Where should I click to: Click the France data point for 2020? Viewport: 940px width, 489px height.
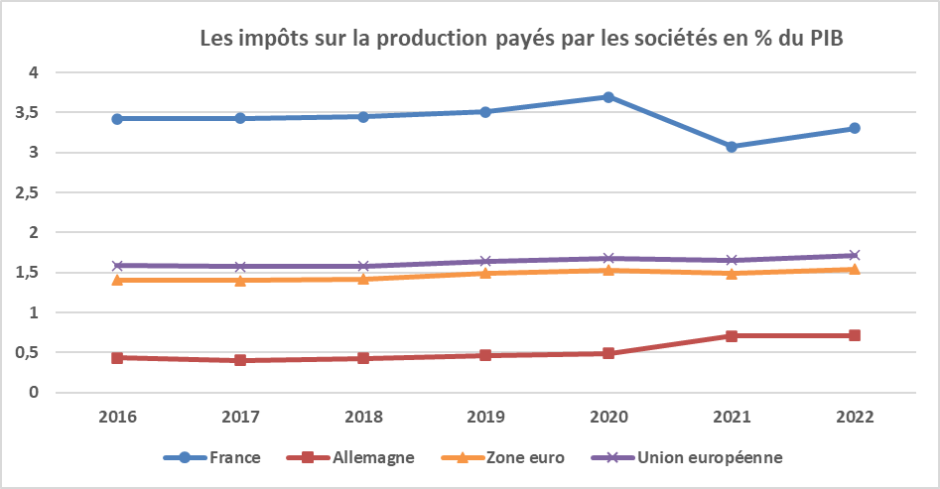coord(608,97)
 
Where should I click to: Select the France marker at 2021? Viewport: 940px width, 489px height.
coord(732,146)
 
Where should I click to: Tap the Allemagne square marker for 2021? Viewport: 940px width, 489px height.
coord(732,335)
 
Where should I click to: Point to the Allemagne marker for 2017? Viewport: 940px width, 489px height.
coord(241,360)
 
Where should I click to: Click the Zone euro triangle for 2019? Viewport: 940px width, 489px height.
coord(486,272)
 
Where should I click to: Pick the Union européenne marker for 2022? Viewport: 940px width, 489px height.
coord(854,255)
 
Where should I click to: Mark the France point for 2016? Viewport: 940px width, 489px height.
coord(118,118)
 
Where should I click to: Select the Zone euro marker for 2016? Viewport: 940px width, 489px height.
coord(118,280)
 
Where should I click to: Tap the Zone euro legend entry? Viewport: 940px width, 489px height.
coord(525,457)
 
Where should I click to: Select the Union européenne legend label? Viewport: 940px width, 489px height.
coord(711,457)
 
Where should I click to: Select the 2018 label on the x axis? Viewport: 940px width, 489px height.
coord(363,418)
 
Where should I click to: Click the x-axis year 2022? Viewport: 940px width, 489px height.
coord(854,418)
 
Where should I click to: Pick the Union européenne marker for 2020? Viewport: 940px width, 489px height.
coord(608,258)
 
